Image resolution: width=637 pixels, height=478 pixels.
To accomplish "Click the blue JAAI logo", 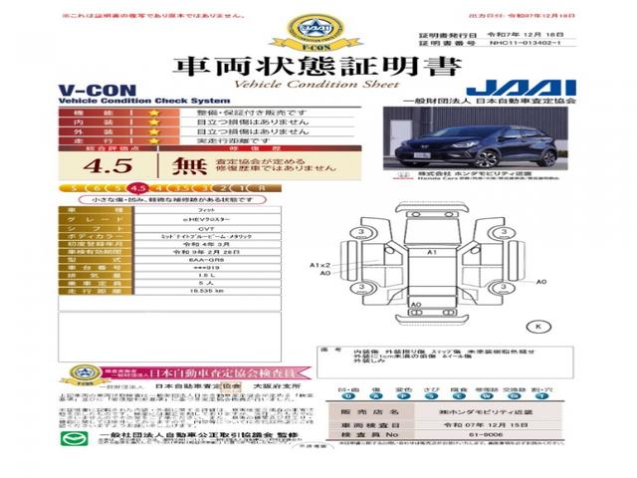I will (503, 88).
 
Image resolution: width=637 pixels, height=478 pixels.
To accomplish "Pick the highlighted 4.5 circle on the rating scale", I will (137, 187).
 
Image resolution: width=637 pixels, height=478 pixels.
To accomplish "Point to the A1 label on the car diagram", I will (432, 254).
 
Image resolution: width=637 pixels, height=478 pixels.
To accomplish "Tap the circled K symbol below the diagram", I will (539, 326).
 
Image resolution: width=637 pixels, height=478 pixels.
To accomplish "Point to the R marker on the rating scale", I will (261, 187).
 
